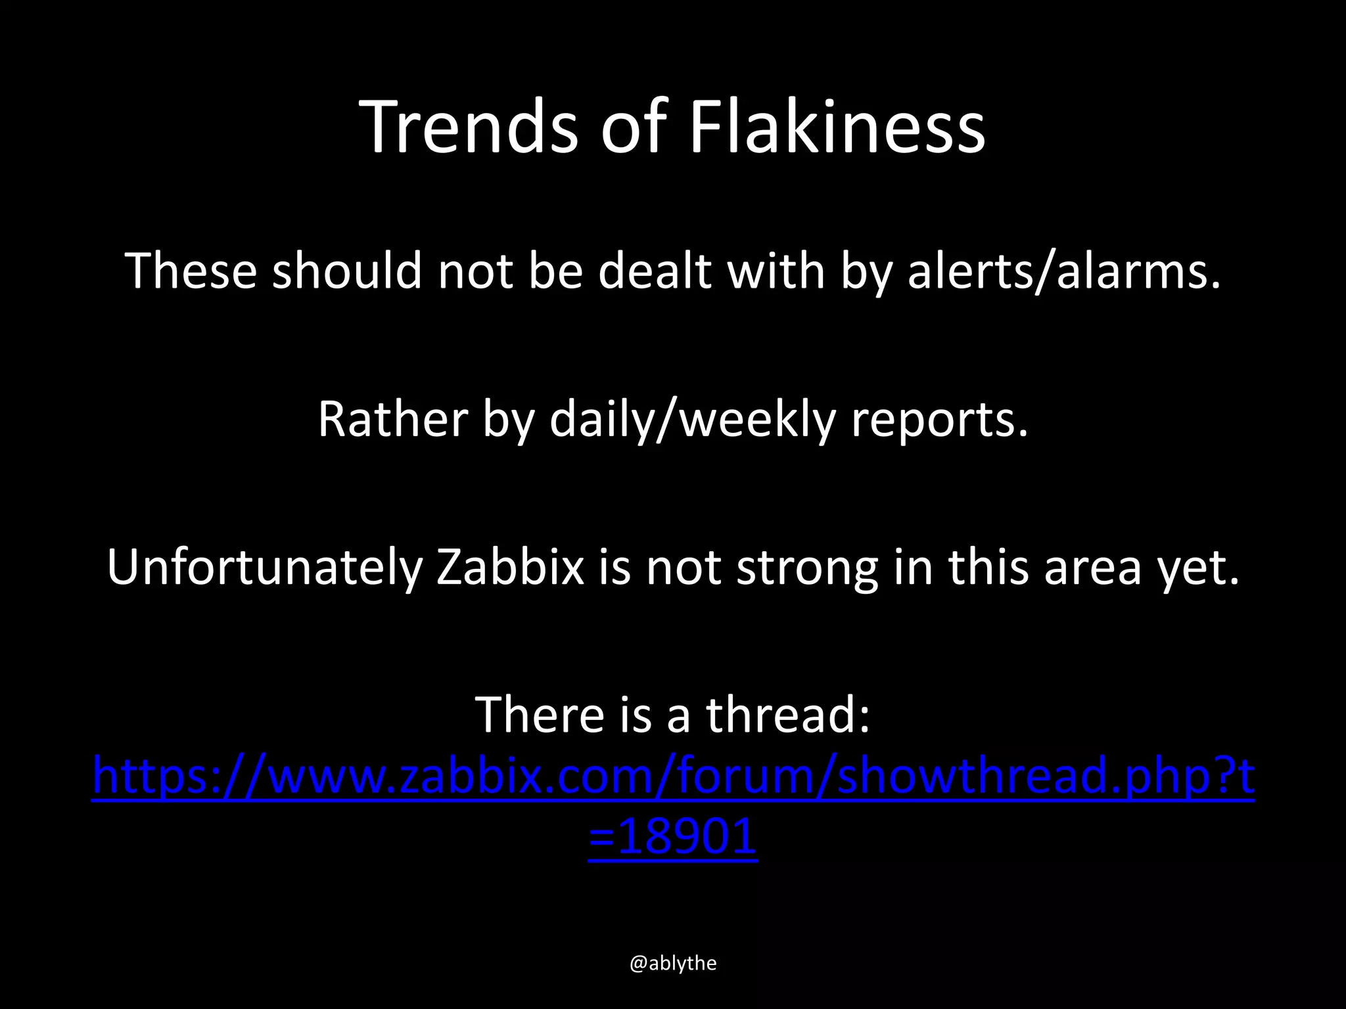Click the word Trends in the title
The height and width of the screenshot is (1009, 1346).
pyautogui.click(x=470, y=126)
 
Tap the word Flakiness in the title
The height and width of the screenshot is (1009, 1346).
pyautogui.click(x=836, y=126)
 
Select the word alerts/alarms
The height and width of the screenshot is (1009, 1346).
pyautogui.click(x=1063, y=271)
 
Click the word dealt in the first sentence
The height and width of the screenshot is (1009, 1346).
pyautogui.click(x=655, y=271)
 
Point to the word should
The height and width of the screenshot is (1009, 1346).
pyautogui.click(x=346, y=271)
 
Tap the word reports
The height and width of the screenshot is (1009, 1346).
pyautogui.click(x=939, y=420)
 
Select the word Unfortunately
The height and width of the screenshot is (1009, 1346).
pyautogui.click(x=264, y=567)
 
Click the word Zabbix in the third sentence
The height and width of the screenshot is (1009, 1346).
pyautogui.click(x=511, y=567)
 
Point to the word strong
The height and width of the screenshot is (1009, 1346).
pyautogui.click(x=806, y=568)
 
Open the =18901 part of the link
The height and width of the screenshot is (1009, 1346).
pyautogui.click(x=673, y=838)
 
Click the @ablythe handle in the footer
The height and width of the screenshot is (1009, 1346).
pyautogui.click(x=673, y=963)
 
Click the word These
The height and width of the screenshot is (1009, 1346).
pyautogui.click(x=191, y=271)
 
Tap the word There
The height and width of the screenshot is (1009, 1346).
pyautogui.click(x=539, y=715)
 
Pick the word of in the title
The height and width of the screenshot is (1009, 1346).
pyautogui.click(x=634, y=126)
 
